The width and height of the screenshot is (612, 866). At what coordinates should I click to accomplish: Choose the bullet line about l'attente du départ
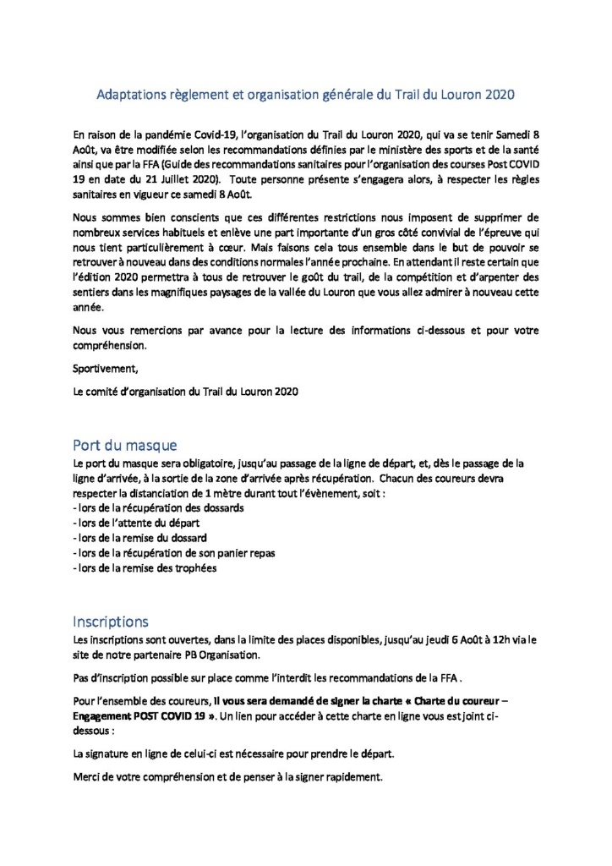(x=128, y=523)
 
